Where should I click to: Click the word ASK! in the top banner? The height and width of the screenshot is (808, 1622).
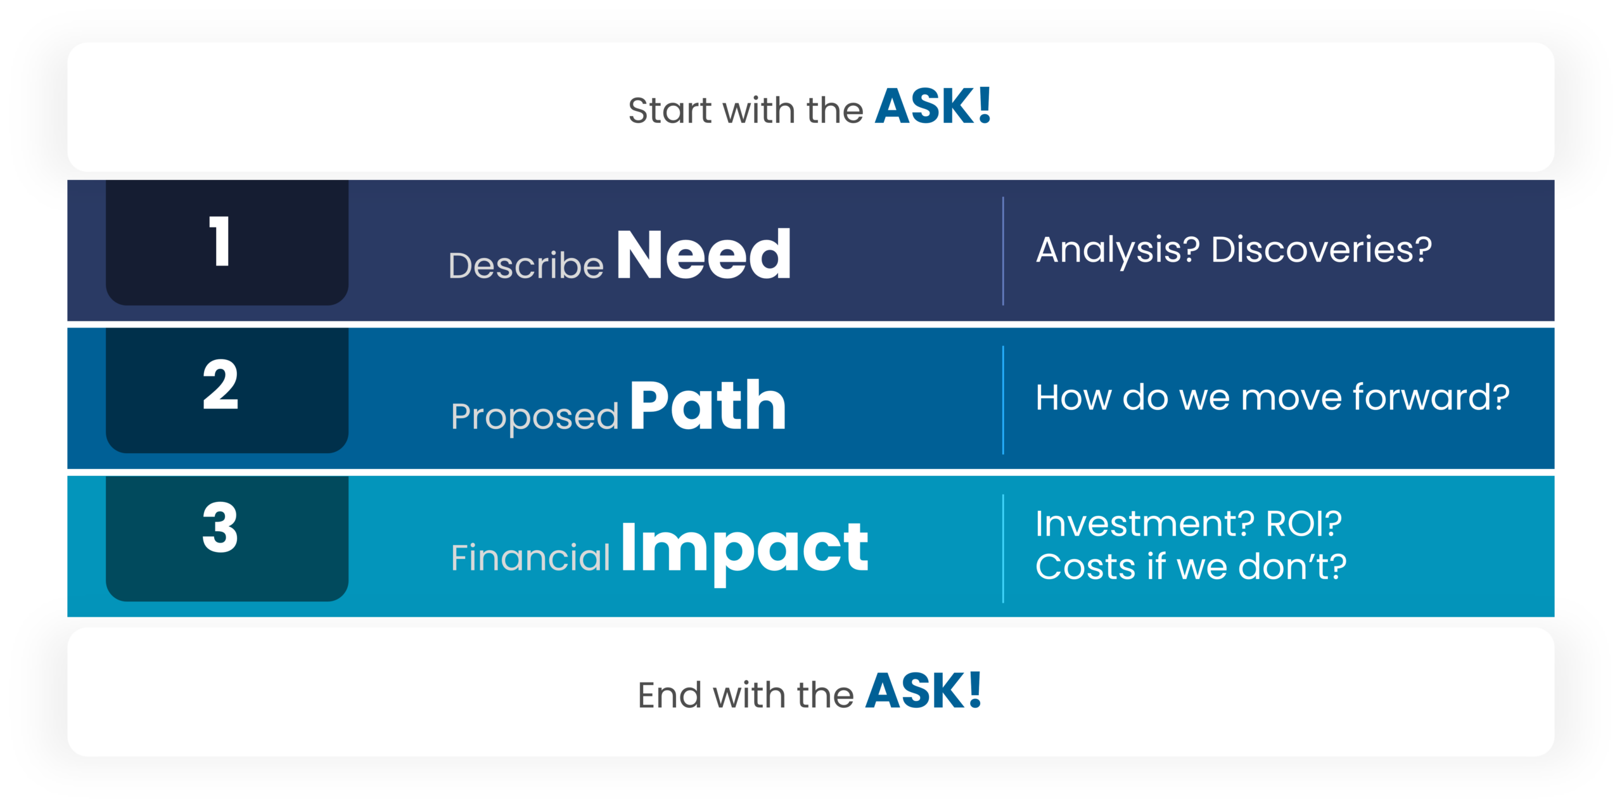(933, 106)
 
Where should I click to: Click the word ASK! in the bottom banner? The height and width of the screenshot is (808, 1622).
(923, 691)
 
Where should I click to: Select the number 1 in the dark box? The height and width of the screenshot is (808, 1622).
(220, 241)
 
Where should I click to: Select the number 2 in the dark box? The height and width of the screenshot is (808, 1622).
(220, 385)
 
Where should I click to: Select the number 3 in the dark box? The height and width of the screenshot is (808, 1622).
(220, 528)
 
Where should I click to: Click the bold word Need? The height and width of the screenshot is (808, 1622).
(703, 255)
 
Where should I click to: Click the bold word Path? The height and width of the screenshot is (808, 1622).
(708, 406)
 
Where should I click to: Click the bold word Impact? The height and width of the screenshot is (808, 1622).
(744, 547)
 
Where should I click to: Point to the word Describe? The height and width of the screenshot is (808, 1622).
(526, 266)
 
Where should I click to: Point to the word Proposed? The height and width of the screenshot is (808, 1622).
(534, 417)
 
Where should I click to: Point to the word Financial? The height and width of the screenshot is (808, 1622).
(530, 558)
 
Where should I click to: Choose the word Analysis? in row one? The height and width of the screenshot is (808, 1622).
(1118, 250)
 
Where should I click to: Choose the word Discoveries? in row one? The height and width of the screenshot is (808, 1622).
(1321, 250)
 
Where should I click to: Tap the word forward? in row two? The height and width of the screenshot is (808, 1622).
(1431, 398)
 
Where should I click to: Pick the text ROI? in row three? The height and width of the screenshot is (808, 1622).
(1303, 524)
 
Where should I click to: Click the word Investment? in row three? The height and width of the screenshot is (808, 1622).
(1144, 524)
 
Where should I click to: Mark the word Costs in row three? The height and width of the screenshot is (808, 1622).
(1086, 567)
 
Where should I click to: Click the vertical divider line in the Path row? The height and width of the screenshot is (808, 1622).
(1003, 400)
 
